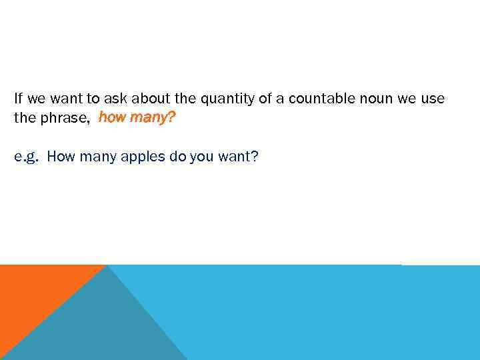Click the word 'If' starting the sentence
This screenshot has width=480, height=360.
click(18, 99)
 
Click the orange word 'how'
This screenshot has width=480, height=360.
click(111, 118)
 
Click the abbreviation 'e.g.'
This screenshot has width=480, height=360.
click(27, 157)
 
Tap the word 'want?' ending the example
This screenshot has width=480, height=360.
click(241, 157)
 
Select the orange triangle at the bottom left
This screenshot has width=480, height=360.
click(33, 293)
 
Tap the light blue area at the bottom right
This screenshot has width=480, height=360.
click(333, 313)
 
